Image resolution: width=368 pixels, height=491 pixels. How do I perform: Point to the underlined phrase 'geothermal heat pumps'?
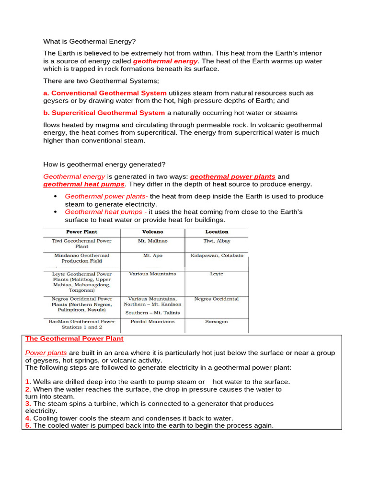coord(84,184)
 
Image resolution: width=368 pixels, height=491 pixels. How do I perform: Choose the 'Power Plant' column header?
coord(81,232)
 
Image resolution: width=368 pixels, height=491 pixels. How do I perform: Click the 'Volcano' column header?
coord(152,232)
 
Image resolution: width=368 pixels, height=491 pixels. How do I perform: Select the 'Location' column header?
coord(217,232)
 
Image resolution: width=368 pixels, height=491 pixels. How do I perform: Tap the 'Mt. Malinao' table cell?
coord(152,241)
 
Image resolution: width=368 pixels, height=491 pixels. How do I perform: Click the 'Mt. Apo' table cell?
coord(152,256)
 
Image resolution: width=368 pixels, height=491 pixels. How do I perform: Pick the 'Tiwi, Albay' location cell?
coord(217,241)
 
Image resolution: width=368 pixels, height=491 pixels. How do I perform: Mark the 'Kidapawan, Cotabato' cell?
coord(217,256)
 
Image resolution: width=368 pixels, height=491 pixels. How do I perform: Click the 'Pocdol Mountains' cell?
coord(152,322)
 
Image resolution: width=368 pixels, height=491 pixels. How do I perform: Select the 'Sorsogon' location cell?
coord(217,322)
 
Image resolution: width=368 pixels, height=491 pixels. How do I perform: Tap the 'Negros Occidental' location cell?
coord(217,299)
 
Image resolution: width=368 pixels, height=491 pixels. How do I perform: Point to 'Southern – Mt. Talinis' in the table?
coord(152,313)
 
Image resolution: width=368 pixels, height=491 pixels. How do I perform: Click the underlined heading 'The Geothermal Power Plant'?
coord(74,339)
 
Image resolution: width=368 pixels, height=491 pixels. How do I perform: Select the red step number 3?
coord(27,404)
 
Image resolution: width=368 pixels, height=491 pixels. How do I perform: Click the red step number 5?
coord(27,425)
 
